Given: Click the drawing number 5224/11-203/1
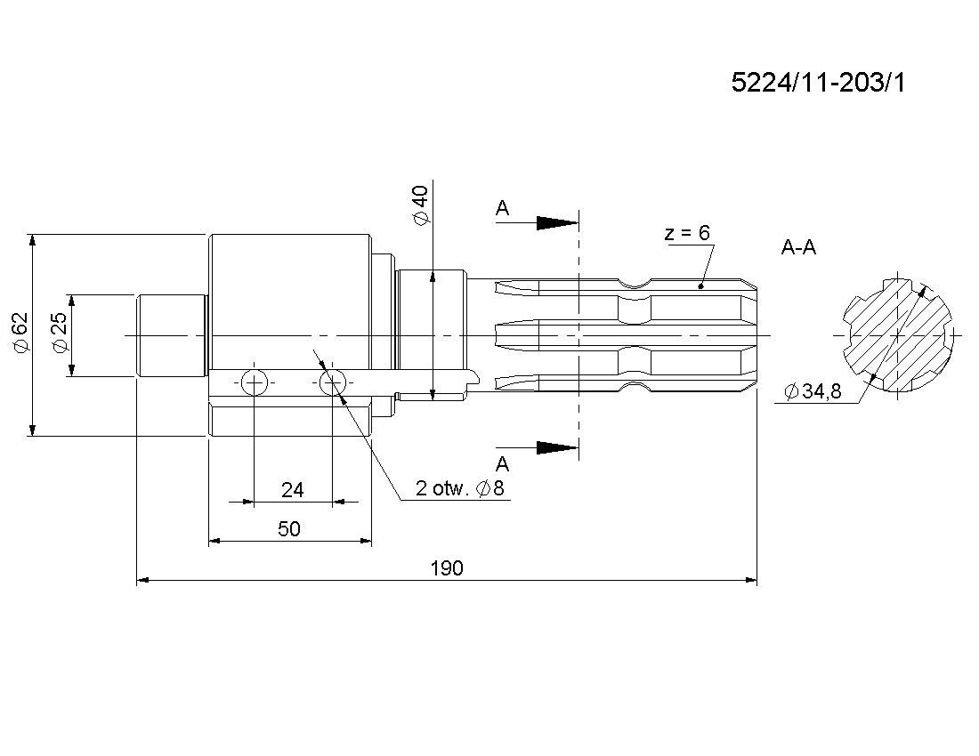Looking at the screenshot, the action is (x=818, y=83).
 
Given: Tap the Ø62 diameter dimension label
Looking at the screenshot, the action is (x=20, y=333).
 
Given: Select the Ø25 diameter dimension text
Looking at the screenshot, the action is (x=60, y=333).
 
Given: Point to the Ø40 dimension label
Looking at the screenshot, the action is (x=421, y=205).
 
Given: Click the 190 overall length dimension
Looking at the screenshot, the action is (x=447, y=568).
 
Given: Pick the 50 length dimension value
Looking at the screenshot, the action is (x=289, y=529).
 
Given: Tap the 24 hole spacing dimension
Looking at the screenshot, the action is (x=292, y=490).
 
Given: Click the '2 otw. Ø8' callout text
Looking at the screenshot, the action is (x=459, y=487).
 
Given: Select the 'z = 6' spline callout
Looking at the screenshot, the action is (x=687, y=233).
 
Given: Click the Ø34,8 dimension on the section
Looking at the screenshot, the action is (x=813, y=391).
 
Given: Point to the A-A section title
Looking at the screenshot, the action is (x=798, y=247).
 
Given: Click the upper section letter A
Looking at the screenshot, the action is (x=503, y=208).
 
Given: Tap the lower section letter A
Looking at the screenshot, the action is (x=503, y=464).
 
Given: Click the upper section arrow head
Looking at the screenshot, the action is (x=557, y=222).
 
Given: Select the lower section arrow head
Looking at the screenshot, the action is (x=557, y=447).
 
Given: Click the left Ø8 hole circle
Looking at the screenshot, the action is (x=255, y=382).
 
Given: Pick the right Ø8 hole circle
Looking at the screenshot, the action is (x=332, y=382).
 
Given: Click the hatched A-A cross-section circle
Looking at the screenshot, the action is (x=897, y=335).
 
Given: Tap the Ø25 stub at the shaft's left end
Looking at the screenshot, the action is (x=172, y=335).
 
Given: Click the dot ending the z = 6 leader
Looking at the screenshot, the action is (x=700, y=286).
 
